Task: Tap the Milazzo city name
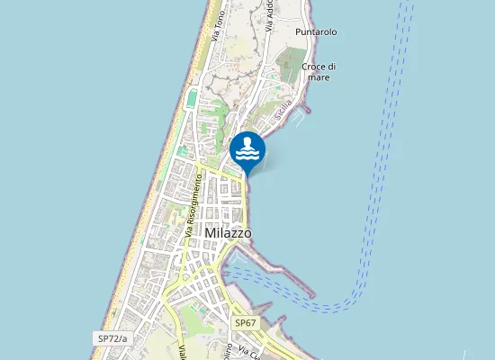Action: click(x=229, y=233)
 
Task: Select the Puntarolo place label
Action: click(x=315, y=32)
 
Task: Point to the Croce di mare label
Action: click(x=319, y=72)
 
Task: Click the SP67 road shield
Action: click(x=246, y=322)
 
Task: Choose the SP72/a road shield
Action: click(x=112, y=338)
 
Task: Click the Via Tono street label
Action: click(x=216, y=27)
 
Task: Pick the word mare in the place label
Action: click(x=319, y=77)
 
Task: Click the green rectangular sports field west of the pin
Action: click(x=192, y=96)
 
